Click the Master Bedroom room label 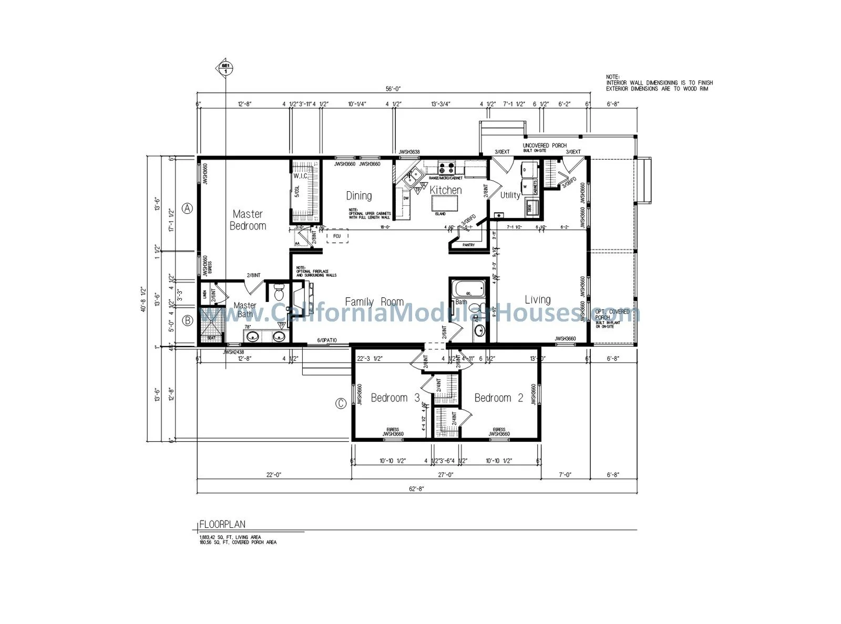(x=248, y=220)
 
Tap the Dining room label (x=359, y=196)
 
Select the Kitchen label (x=446, y=190)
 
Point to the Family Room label (x=374, y=302)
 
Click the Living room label (x=538, y=299)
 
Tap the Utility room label (x=510, y=195)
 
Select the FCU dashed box (x=337, y=236)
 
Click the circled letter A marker (x=188, y=209)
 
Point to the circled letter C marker (x=341, y=403)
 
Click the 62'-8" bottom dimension (x=416, y=488)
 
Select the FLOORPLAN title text (x=222, y=524)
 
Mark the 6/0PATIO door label (x=327, y=341)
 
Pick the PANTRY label (x=468, y=245)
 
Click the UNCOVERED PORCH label (x=545, y=145)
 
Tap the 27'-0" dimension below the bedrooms (x=445, y=475)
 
